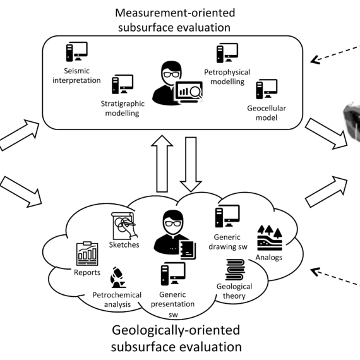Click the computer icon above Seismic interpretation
click(x=76, y=52)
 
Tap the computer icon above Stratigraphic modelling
click(x=123, y=84)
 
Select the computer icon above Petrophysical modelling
click(x=227, y=53)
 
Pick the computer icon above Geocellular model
click(x=267, y=89)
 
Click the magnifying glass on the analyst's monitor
click(x=195, y=92)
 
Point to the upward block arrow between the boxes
click(x=162, y=164)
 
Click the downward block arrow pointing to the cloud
click(x=191, y=164)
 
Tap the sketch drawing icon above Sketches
click(x=124, y=226)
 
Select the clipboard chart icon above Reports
click(x=87, y=254)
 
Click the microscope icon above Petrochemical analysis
click(x=118, y=277)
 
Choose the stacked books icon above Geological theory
click(x=235, y=270)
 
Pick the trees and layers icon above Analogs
click(x=270, y=238)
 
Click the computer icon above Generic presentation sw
click(x=173, y=273)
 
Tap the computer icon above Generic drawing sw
click(x=227, y=216)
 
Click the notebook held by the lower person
click(x=188, y=250)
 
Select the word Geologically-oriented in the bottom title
click(x=176, y=330)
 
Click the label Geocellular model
click(x=267, y=112)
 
